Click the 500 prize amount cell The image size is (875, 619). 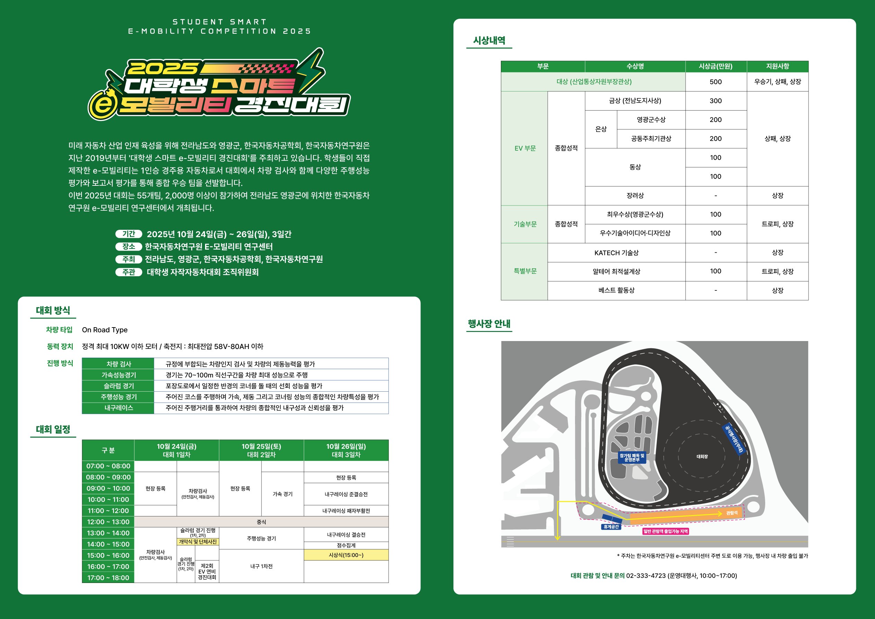click(x=715, y=81)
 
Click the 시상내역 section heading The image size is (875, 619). click(x=489, y=41)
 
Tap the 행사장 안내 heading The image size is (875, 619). click(x=489, y=324)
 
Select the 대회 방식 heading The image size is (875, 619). click(x=53, y=310)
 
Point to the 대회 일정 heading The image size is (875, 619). click(x=53, y=429)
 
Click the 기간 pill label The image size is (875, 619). click(x=129, y=234)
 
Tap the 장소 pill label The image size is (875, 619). click(x=129, y=246)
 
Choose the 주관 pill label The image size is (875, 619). click(x=129, y=272)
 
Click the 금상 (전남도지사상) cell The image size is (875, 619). click(x=635, y=101)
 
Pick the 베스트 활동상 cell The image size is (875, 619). click(x=616, y=290)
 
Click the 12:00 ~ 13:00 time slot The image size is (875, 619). click(x=108, y=522)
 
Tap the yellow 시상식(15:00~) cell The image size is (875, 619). click(x=346, y=555)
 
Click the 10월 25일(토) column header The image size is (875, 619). click(x=262, y=451)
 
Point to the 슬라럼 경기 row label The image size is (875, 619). click(x=118, y=386)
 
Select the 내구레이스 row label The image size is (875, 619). click(x=118, y=408)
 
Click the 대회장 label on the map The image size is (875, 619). click(x=702, y=456)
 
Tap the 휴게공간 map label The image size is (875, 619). click(x=611, y=527)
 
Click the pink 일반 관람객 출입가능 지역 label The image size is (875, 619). click(x=665, y=531)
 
